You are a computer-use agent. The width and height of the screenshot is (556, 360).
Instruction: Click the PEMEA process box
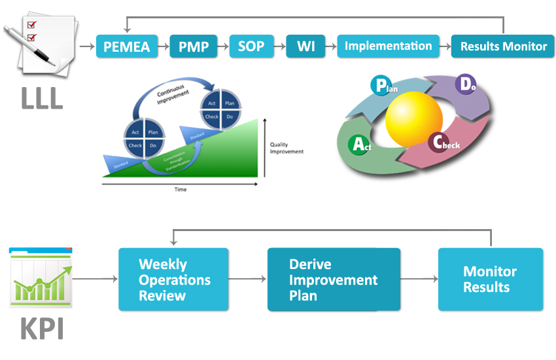(127, 46)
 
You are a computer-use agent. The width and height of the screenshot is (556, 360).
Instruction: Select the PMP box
(194, 46)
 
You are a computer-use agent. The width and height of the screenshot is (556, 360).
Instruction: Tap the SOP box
(251, 46)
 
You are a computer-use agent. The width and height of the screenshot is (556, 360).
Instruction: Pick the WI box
(305, 46)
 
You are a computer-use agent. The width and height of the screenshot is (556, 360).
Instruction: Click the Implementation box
(389, 46)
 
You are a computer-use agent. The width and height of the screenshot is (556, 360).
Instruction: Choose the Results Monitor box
(503, 46)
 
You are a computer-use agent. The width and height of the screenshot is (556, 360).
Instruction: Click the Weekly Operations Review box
(173, 279)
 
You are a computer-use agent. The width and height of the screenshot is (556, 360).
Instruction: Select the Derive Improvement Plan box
(334, 279)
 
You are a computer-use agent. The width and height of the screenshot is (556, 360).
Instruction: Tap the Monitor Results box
(490, 279)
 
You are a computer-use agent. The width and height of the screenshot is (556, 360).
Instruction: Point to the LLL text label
(41, 98)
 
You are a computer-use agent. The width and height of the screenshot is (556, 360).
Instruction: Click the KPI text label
(41, 329)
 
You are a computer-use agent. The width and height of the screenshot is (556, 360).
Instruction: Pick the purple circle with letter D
(465, 84)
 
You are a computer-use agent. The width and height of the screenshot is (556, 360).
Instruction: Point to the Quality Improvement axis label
(287, 148)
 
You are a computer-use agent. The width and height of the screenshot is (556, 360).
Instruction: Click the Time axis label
(181, 190)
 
